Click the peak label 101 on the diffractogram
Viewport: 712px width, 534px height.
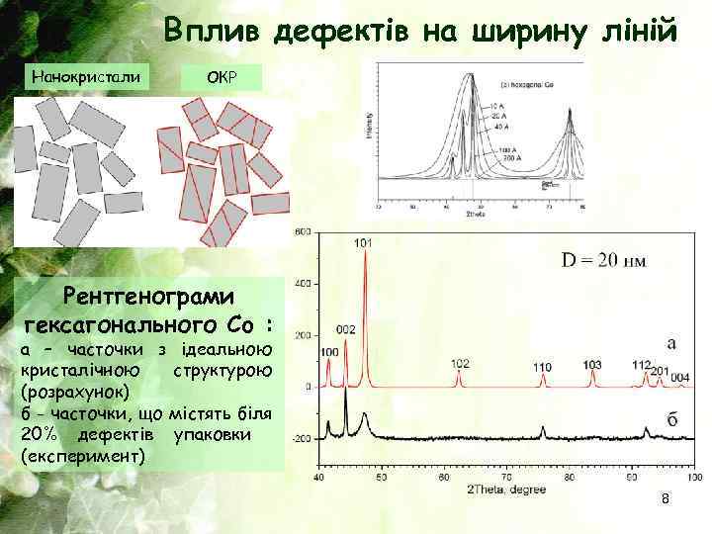(363, 241)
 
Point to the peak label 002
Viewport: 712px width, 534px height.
(346, 329)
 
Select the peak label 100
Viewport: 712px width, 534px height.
(329, 351)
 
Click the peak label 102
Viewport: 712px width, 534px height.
(460, 363)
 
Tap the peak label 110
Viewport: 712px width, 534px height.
(542, 368)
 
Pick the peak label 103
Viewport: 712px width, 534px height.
(591, 365)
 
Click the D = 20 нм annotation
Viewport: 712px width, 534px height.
(604, 261)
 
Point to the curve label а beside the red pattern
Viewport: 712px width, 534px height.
(671, 344)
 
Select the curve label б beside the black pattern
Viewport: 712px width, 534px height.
(671, 420)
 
